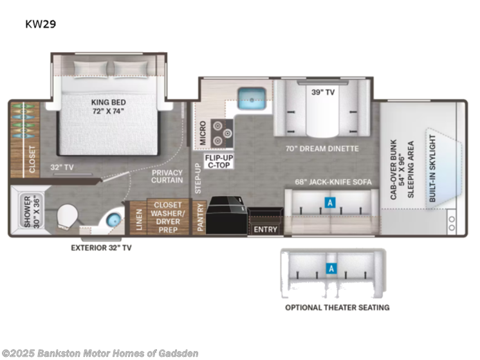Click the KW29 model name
tap(41, 24)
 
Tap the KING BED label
tap(108, 102)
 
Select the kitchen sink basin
tap(252, 98)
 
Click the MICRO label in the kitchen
tap(203, 132)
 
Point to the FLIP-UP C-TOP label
tap(219, 161)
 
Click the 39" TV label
tap(322, 92)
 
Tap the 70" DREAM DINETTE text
tap(322, 148)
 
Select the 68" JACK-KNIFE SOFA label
tap(333, 182)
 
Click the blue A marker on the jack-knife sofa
tap(329, 203)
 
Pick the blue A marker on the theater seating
tap(331, 269)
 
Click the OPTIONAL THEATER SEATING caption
tap(337, 307)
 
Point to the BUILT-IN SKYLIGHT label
tap(432, 168)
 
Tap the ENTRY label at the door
tap(265, 230)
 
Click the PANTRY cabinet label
tap(200, 217)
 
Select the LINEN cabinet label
tap(139, 220)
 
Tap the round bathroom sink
tap(114, 220)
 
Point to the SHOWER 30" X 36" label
tap(32, 212)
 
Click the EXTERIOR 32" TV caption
tap(101, 248)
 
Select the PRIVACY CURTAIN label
tap(167, 177)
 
